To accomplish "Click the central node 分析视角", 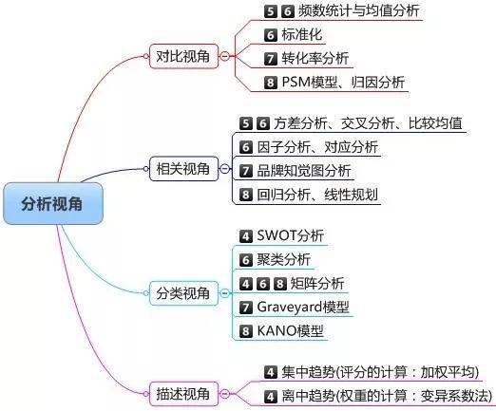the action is tap(53, 203).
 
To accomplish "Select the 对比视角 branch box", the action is tap(183, 56).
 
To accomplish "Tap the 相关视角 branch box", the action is tap(183, 169).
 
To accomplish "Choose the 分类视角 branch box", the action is tap(183, 293).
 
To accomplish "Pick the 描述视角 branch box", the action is tap(183, 394).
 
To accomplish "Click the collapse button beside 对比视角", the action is tap(224, 56).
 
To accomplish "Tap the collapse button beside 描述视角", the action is tap(224, 394).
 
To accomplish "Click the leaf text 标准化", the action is tap(302, 34).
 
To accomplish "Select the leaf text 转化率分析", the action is tap(315, 58).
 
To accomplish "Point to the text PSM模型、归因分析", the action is tap(343, 83).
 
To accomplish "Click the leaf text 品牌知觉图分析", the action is tap(304, 171).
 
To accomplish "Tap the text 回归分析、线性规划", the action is tap(317, 195).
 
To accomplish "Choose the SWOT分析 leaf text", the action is tap(291, 235).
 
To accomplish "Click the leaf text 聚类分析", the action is tap(284, 260).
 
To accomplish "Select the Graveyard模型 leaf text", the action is tap(303, 307).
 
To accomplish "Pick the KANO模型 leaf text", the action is tap(291, 331).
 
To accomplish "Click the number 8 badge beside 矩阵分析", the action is tap(279, 284).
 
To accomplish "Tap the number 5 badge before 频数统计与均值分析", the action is tap(270, 11).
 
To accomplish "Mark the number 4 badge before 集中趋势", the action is tap(270, 372).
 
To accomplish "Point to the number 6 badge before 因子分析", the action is tap(246, 147).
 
